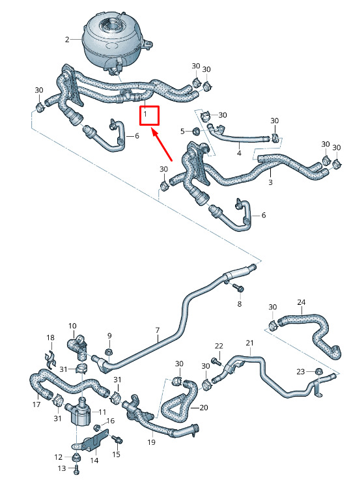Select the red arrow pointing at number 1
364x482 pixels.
point(162,145)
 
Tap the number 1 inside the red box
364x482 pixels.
point(145,115)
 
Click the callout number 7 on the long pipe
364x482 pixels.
point(158,331)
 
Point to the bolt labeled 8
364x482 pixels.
point(238,288)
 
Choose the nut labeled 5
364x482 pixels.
point(196,132)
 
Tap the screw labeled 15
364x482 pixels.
point(117,440)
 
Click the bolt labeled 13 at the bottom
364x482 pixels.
point(77,469)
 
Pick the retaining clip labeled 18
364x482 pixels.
point(51,360)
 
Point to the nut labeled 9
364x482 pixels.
point(108,352)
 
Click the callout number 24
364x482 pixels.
point(301,302)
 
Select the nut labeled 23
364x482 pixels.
point(319,371)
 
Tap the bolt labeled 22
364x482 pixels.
point(217,361)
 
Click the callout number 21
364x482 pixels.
point(249,343)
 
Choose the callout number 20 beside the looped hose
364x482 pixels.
point(204,408)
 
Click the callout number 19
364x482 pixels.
point(151,442)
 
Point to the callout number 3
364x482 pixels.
point(270,182)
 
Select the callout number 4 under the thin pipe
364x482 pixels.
point(239,153)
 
